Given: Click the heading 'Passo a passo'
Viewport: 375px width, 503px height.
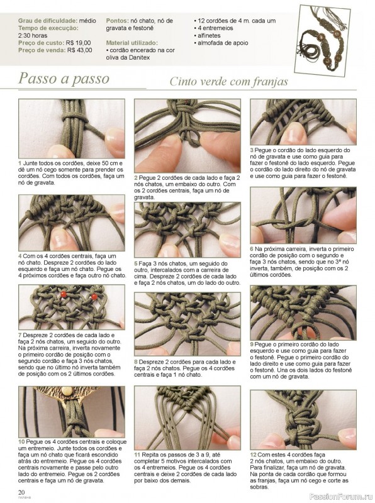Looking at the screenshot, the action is click(x=64, y=79).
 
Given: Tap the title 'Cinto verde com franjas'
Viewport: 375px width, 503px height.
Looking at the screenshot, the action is click(x=228, y=82).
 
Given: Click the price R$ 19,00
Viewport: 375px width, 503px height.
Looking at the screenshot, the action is click(x=79, y=43).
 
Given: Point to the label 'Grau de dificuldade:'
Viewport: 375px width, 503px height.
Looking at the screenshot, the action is click(x=48, y=21).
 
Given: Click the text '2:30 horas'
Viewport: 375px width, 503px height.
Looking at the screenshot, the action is click(x=33, y=36).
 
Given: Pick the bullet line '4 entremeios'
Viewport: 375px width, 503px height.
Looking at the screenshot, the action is click(x=213, y=28).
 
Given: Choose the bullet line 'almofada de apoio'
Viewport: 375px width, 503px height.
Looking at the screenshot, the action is click(x=221, y=43).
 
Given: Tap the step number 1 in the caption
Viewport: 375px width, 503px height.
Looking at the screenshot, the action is click(x=20, y=163).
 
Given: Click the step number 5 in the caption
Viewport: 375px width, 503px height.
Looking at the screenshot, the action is click(x=136, y=263).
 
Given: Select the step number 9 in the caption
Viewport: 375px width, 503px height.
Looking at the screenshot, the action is click(x=252, y=345).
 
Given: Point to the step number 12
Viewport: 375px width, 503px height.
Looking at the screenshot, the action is click(x=254, y=455).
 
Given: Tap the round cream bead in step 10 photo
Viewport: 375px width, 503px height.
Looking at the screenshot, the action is click(x=67, y=390).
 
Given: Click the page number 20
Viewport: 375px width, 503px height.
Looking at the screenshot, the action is click(x=21, y=492).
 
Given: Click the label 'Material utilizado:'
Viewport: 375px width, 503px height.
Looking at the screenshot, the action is click(x=132, y=43).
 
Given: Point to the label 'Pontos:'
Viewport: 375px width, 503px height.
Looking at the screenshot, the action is click(x=118, y=21).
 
